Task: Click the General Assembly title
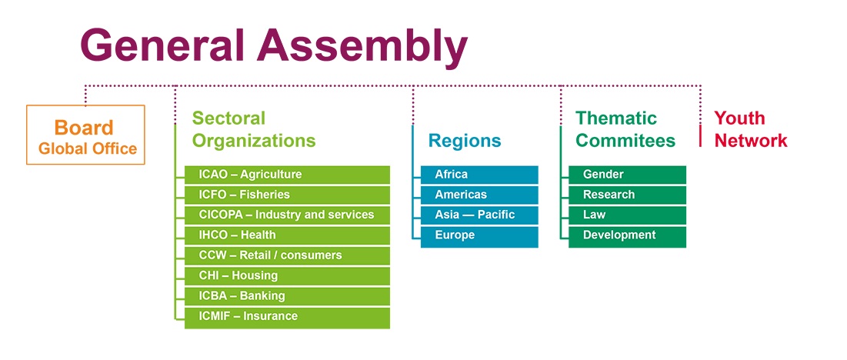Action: [x=274, y=45]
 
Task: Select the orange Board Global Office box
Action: [x=86, y=135]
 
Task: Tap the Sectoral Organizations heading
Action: [x=254, y=129]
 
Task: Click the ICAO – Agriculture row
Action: [x=287, y=175]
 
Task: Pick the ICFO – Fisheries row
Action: [x=287, y=195]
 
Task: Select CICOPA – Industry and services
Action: [x=287, y=215]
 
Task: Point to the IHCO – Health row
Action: [x=287, y=235]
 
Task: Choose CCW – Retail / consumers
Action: [x=287, y=255]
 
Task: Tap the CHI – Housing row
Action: [x=287, y=276]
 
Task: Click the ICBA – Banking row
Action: [x=287, y=296]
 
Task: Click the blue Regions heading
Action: [x=465, y=141]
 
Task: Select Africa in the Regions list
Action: [x=479, y=175]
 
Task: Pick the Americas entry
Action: [x=479, y=195]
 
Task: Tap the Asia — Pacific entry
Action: [x=479, y=215]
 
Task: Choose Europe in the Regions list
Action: [x=479, y=236]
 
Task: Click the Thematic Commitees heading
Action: [x=625, y=129]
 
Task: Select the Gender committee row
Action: [x=627, y=175]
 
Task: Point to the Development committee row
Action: [x=627, y=236]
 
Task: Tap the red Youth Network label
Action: [x=750, y=129]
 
